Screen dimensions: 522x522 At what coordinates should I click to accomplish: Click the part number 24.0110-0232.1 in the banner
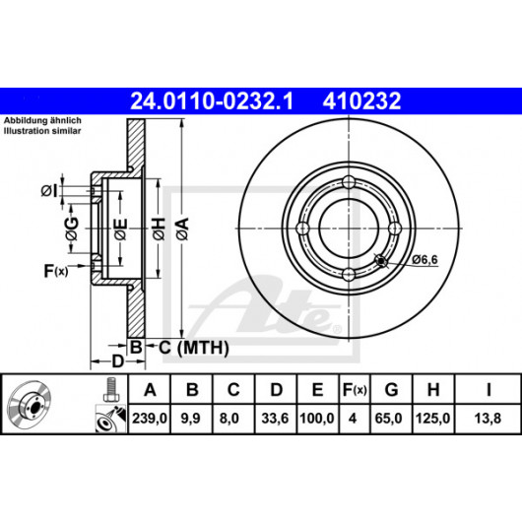(212, 101)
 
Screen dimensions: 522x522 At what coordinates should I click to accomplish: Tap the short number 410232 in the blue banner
(361, 101)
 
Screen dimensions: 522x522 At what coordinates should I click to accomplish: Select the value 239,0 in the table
(150, 419)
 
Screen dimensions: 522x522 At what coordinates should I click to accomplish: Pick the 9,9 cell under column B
(190, 419)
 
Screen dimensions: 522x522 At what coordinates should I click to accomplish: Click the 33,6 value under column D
(275, 419)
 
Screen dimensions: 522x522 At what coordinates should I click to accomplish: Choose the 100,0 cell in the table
(317, 419)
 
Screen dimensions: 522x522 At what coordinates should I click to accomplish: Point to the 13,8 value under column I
(488, 419)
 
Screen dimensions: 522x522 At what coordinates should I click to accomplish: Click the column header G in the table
(391, 389)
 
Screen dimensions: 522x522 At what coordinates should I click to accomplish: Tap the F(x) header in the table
(355, 389)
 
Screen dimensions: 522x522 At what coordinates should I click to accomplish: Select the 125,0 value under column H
(432, 419)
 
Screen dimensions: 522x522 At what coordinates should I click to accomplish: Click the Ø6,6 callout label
(424, 259)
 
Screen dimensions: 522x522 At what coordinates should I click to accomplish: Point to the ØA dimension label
(182, 228)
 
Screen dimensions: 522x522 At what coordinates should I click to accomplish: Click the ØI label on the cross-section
(49, 191)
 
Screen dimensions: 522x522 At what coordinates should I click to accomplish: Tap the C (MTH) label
(194, 348)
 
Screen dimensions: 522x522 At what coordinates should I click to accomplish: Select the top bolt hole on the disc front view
(349, 182)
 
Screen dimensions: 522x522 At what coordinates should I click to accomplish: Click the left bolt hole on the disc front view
(302, 228)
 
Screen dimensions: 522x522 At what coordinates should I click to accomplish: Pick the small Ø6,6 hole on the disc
(380, 260)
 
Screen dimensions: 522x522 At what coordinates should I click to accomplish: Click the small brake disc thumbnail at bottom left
(29, 403)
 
